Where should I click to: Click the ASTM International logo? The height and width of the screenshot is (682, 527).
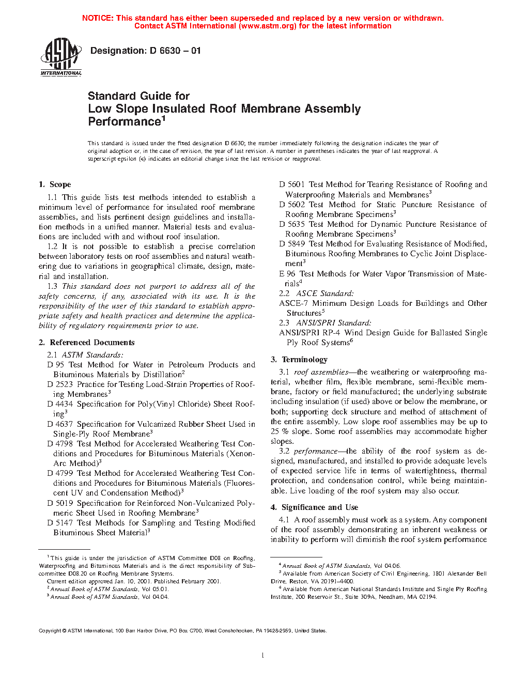coord(61,58)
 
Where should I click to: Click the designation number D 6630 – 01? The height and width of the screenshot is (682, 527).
coord(175,51)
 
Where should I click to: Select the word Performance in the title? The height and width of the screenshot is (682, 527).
coord(125,122)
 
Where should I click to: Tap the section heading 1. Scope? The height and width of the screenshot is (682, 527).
coord(55,184)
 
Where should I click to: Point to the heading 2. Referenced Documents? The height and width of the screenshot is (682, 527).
coord(87,343)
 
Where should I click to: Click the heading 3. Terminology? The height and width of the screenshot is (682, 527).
coord(299,360)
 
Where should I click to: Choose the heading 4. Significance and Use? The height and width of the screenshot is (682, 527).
coord(314,507)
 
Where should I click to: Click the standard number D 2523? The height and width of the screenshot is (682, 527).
coord(60,384)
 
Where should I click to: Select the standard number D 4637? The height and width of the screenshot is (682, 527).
coord(60,424)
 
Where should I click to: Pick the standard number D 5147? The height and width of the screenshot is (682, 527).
coord(60,523)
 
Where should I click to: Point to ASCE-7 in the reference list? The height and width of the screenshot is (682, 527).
coord(293,303)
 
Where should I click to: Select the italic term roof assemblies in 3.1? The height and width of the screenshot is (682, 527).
coord(321,372)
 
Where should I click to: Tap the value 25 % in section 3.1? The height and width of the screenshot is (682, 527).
coord(280,431)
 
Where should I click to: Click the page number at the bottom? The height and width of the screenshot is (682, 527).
coord(263,656)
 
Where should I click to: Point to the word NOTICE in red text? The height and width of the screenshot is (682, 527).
coord(98,18)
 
